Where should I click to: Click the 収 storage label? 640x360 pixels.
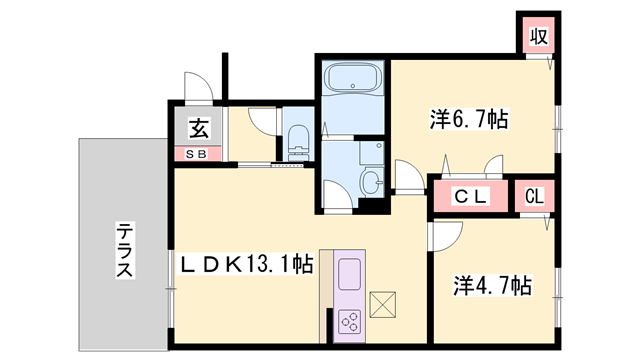[538, 37]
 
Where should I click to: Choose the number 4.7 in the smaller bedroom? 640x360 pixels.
[489, 286]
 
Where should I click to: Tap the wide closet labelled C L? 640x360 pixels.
[469, 197]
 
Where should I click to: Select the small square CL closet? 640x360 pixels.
[534, 197]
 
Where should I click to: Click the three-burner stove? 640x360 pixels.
[351, 322]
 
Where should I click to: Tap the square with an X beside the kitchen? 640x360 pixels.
[384, 303]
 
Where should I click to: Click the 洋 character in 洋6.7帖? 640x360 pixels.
[439, 120]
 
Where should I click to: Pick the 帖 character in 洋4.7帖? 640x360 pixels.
[519, 286]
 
